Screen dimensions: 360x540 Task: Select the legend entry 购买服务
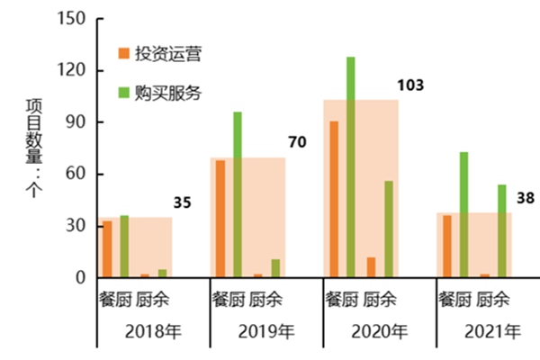point(167,92)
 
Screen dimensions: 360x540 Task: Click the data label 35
point(182,202)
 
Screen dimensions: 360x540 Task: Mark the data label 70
point(297,142)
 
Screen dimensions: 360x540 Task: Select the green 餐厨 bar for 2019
point(238,194)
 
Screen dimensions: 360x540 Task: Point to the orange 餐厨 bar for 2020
point(334,199)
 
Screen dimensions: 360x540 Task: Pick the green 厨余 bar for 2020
point(389,229)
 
